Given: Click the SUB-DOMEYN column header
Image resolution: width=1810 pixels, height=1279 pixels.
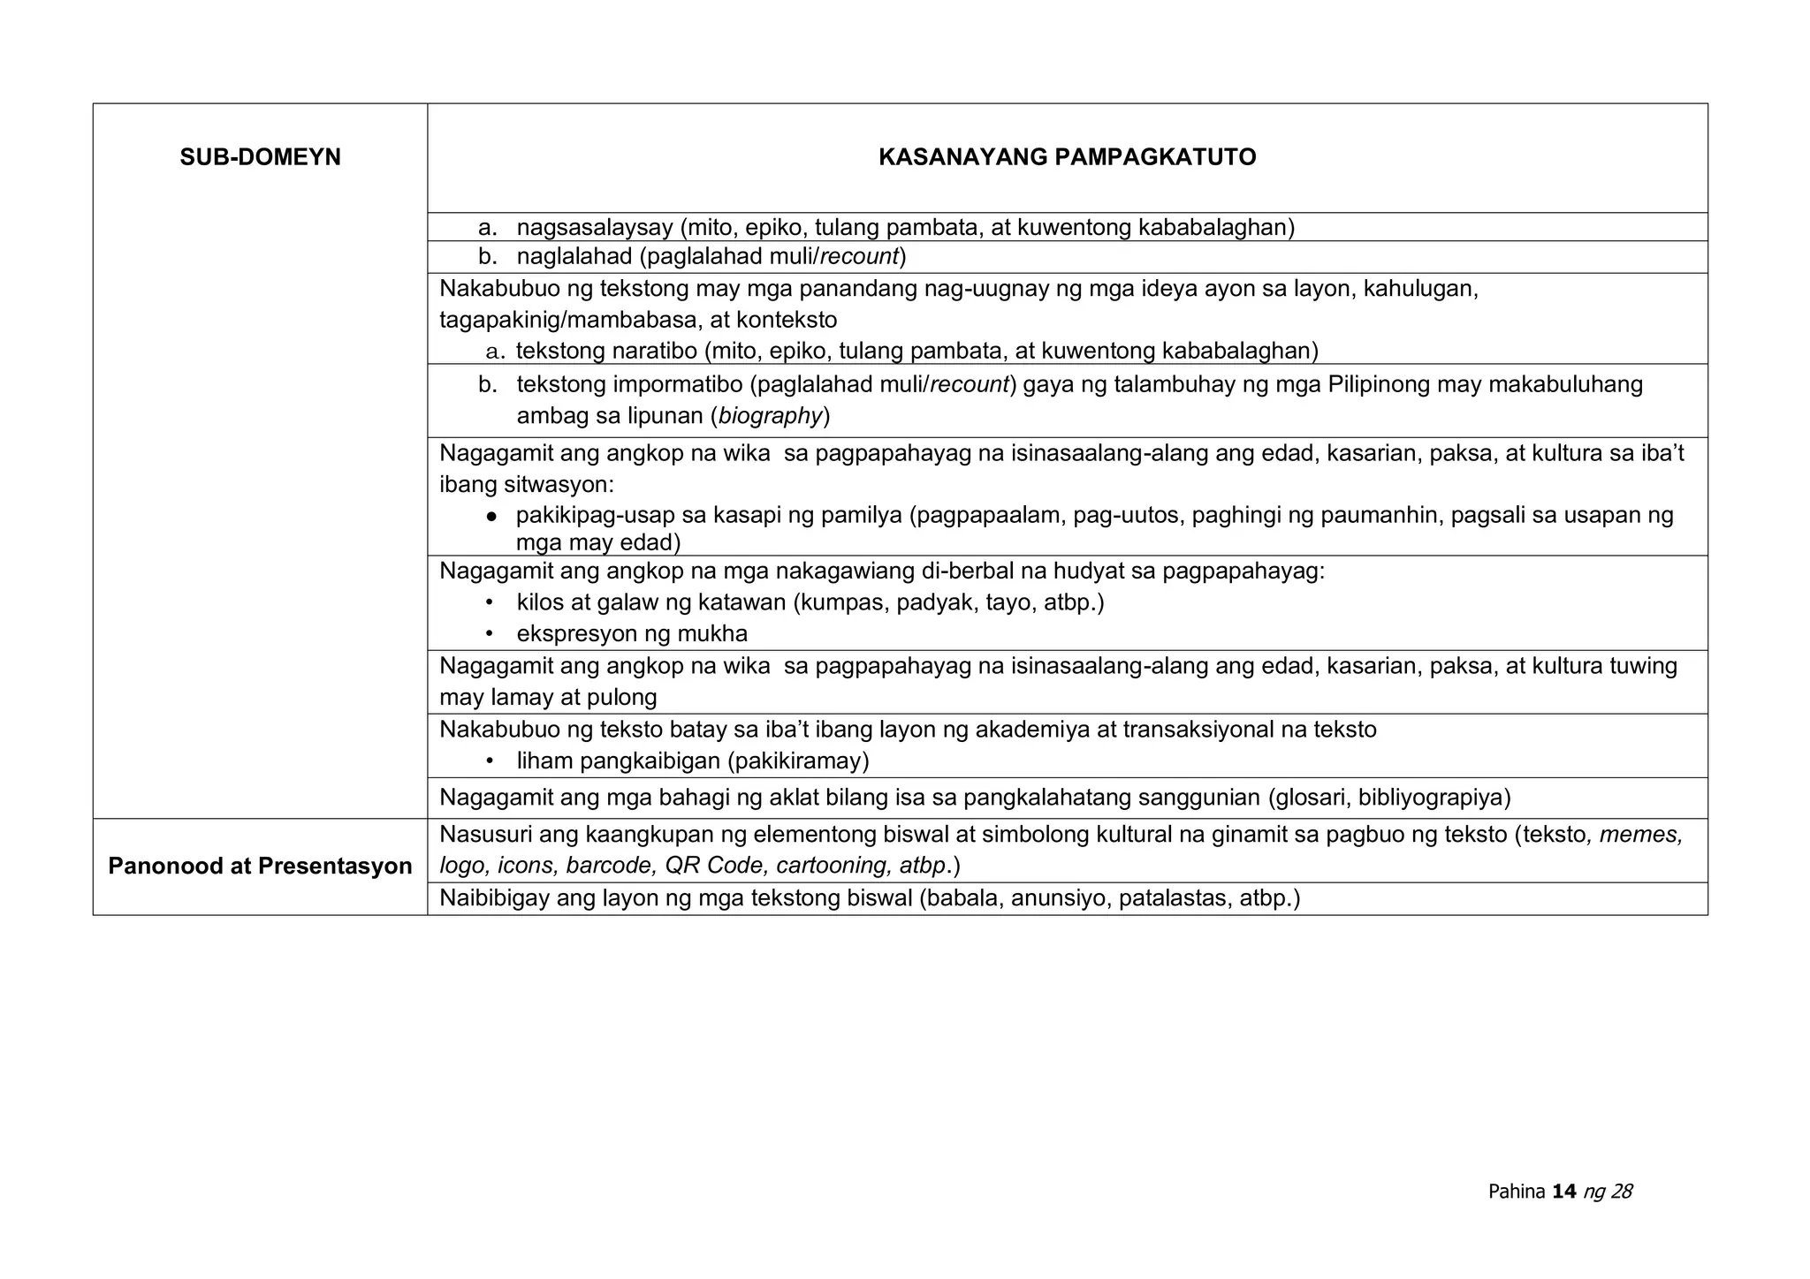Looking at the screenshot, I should point(260,157).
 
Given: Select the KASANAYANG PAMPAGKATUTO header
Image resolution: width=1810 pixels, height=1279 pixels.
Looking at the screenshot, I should point(1067,157).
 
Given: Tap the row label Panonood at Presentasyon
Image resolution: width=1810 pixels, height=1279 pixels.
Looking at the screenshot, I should point(260,866).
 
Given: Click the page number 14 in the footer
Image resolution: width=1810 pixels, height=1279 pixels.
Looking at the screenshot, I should point(1563,1192).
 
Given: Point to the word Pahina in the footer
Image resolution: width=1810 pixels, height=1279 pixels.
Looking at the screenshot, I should point(1517,1192).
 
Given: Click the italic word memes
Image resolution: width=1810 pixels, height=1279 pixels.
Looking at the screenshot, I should point(1639,834).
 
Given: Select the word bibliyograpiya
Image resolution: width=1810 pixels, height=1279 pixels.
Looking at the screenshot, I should point(1431,798).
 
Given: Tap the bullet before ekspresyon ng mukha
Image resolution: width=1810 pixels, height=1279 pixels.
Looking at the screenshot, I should point(489,634).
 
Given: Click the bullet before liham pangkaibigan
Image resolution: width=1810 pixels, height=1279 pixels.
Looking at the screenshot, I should point(489,761).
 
